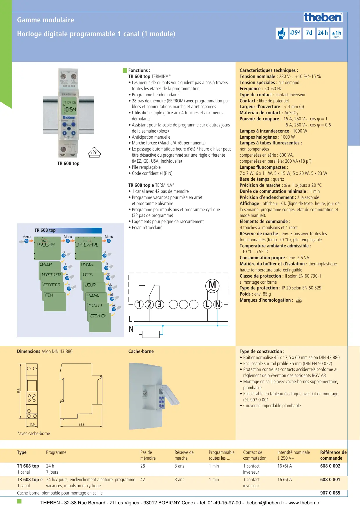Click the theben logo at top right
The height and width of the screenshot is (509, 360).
pos(323,17)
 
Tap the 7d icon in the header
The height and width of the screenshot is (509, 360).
pos(309,33)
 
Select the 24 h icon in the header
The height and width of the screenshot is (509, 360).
pos(323,33)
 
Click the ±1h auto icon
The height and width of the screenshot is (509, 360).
pos(337,33)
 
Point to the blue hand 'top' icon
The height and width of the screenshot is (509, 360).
pos(281,33)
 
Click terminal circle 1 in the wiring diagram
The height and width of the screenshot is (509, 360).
pos(139,304)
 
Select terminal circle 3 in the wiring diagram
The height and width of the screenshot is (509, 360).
pos(159,304)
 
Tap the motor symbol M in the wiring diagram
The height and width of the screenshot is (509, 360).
pos(212,286)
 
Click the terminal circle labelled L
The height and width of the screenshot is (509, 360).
pos(207,304)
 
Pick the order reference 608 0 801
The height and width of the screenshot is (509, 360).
pos(330,479)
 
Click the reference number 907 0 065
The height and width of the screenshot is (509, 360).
pos(330,493)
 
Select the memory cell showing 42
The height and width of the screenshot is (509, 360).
pos(142,479)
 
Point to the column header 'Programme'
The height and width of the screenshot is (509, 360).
pos(56,452)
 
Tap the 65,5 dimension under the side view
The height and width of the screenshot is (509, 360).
pos(82,425)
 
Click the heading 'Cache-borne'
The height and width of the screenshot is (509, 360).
pos(141,351)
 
